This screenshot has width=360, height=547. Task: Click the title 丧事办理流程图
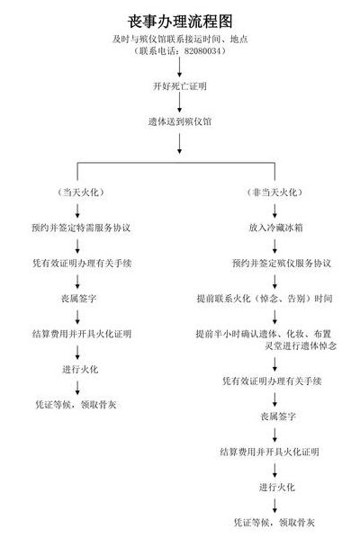(180, 22)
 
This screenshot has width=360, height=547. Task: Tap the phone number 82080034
(202, 51)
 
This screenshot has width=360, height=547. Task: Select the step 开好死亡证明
(180, 86)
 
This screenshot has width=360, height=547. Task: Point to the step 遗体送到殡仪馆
(180, 121)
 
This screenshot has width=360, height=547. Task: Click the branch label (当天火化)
(81, 193)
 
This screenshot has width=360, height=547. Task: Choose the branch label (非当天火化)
(274, 193)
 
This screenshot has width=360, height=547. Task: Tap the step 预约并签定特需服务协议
(81, 228)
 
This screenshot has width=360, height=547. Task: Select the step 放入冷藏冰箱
(275, 228)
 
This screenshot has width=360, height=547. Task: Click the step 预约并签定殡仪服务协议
(282, 263)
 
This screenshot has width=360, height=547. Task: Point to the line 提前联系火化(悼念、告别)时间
(265, 299)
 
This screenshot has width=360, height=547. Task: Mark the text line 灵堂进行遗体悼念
(301, 346)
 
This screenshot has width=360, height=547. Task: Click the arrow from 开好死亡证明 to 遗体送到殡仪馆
(180, 103)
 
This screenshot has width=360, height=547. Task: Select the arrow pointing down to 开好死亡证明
(180, 67)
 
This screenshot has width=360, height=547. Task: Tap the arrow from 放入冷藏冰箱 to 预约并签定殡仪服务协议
(274, 246)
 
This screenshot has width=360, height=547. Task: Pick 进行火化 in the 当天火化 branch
(80, 370)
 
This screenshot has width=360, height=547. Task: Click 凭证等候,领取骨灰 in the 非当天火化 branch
(274, 523)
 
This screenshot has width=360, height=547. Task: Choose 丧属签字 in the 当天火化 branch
(79, 299)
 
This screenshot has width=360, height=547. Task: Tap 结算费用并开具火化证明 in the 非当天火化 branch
(269, 453)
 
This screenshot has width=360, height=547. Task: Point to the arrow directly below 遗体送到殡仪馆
(180, 144)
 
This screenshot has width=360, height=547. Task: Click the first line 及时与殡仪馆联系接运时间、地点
(180, 39)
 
